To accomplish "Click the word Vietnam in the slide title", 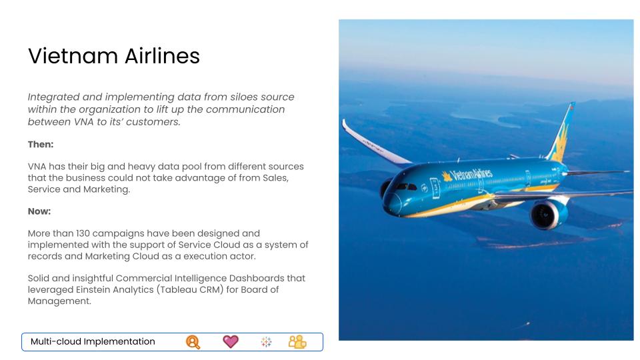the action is tap(73, 56).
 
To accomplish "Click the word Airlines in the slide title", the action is tap(163, 56).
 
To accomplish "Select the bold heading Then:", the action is tap(41, 145).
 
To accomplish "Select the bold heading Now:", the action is tap(39, 211).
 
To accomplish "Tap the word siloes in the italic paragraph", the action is tap(244, 97).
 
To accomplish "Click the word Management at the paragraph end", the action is tap(59, 301).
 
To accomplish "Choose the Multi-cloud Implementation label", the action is tap(93, 341).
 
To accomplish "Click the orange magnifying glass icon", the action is tap(193, 342).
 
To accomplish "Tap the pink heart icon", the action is tap(231, 341).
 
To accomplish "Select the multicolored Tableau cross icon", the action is tap(266, 342).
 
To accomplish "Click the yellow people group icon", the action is tap(297, 342).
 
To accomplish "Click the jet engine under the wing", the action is tap(548, 213).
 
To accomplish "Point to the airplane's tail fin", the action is tap(561, 133).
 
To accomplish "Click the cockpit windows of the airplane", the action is tap(406, 187).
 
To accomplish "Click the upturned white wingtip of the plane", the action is tap(345, 126).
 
